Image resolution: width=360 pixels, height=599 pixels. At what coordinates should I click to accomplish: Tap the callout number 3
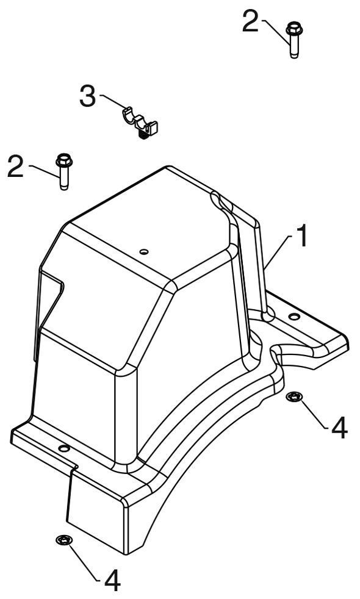pyautogui.click(x=88, y=96)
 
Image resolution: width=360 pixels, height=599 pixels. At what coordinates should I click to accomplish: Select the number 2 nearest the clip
pyautogui.click(x=16, y=166)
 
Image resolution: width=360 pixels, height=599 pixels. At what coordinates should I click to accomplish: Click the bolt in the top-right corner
pyautogui.click(x=293, y=40)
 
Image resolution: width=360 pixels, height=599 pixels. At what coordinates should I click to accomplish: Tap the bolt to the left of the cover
pyautogui.click(x=64, y=171)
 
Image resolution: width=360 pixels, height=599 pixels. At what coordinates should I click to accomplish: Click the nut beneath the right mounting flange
pyautogui.click(x=294, y=397)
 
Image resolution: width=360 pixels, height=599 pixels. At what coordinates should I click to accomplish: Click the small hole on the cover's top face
pyautogui.click(x=144, y=251)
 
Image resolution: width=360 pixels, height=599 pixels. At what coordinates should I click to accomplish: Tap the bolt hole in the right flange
pyautogui.click(x=294, y=317)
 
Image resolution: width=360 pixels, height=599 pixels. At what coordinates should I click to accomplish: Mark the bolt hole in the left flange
pyautogui.click(x=63, y=447)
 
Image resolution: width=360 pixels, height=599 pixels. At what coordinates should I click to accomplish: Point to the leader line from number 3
pyautogui.click(x=113, y=101)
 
